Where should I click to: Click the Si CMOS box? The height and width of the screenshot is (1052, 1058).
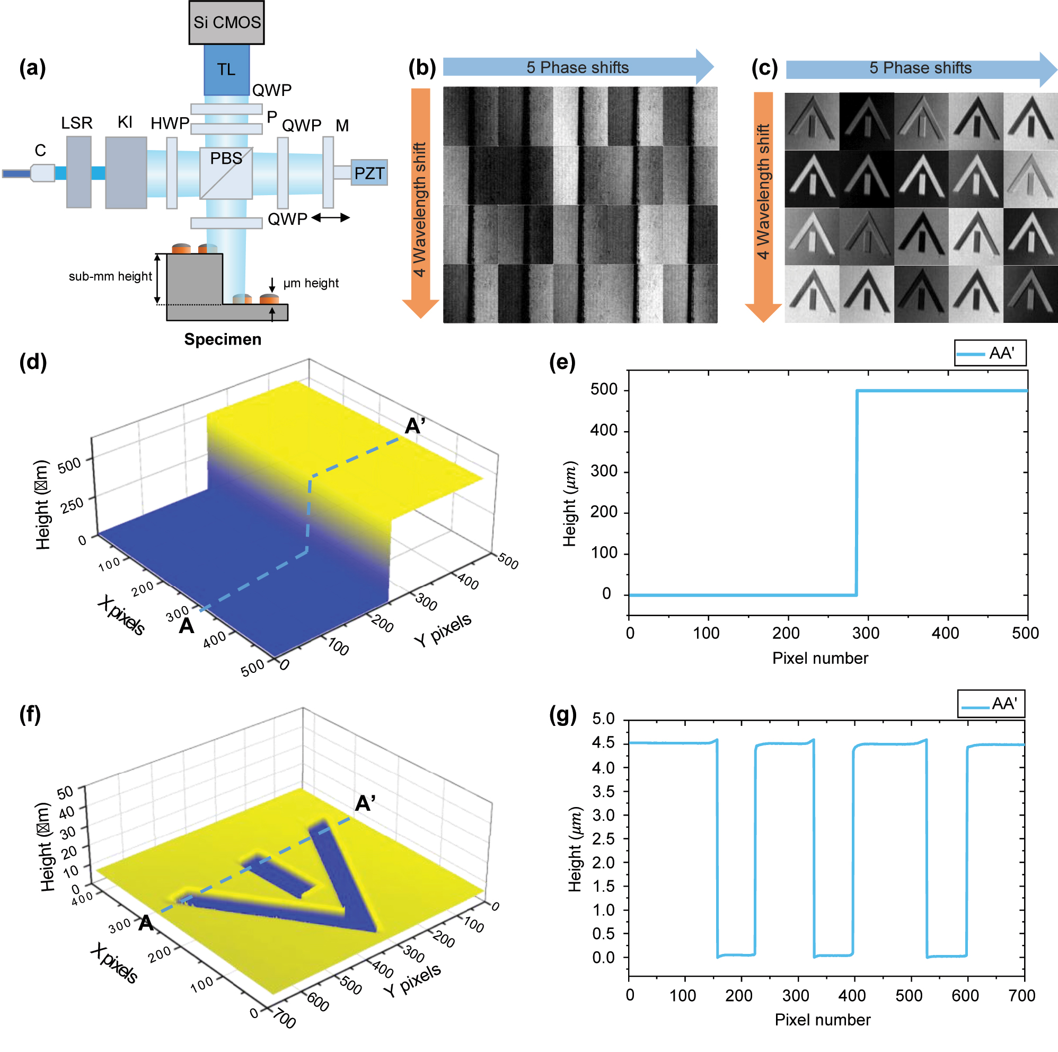226,22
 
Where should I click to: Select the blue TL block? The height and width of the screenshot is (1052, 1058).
226,69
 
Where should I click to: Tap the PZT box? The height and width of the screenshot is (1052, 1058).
368,173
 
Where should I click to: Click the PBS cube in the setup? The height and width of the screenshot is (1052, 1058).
226,173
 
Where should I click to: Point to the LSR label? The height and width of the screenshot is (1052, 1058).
77,122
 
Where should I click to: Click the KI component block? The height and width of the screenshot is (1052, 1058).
126,173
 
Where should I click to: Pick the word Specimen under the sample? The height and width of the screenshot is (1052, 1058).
222,339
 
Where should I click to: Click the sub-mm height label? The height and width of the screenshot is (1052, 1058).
110,276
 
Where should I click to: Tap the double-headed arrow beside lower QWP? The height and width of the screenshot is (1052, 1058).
330,218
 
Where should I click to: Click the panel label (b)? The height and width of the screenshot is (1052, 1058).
422,68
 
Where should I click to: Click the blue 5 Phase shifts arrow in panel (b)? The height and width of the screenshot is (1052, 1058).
578,67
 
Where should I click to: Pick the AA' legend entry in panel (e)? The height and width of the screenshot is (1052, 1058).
990,353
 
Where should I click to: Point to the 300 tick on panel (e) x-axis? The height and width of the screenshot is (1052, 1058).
866,634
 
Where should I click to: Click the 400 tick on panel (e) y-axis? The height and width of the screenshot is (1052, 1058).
604,431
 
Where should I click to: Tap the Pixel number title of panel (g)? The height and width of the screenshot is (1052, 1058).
822,1020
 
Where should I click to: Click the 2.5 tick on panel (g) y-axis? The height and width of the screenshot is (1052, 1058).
604,838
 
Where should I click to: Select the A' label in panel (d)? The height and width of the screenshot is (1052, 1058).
415,426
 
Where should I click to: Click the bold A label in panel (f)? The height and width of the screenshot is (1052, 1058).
145,923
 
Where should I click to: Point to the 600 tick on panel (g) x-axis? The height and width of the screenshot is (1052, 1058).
965,996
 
